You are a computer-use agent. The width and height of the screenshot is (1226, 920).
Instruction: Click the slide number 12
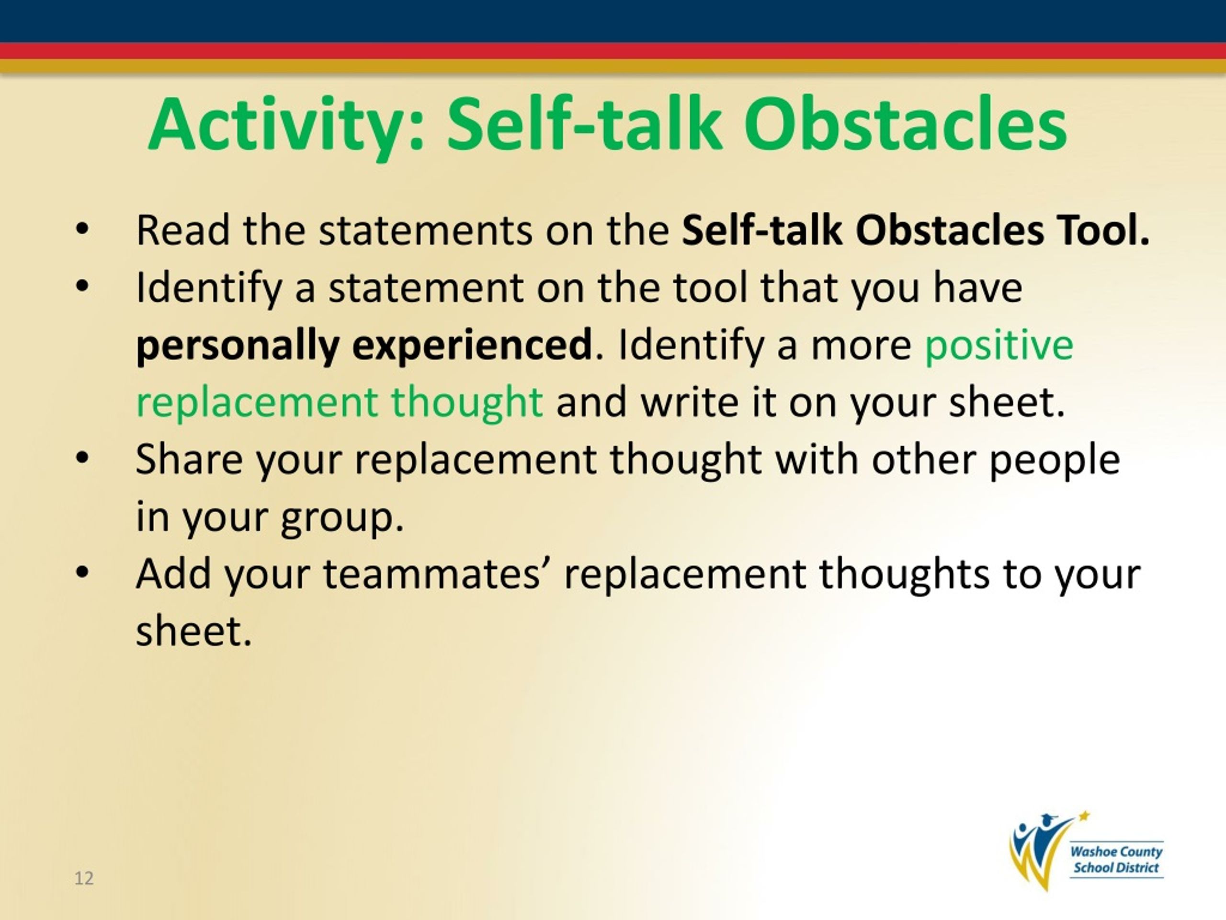coord(84,878)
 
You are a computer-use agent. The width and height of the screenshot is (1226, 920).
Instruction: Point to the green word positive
coord(999,345)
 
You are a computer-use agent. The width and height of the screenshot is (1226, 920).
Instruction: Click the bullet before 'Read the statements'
coord(82,230)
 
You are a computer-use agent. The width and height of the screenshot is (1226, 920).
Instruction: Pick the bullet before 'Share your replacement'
coord(82,459)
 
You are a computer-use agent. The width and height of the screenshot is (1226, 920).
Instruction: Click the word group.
coord(341,518)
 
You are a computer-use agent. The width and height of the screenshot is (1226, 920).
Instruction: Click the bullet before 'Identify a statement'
coord(82,287)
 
